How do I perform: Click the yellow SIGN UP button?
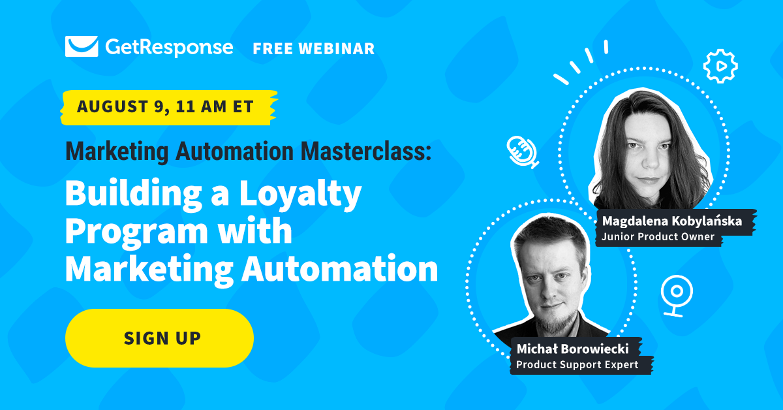pos(159,338)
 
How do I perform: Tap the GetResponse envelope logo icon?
pos(82,46)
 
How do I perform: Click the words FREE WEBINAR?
pos(314,48)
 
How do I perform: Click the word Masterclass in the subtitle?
pos(366,151)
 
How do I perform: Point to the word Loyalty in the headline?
pos(301,195)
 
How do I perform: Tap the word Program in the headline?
pos(136,232)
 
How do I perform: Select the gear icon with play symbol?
pos(720,66)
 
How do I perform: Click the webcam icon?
pos(677,296)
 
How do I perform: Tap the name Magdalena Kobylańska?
pos(672,221)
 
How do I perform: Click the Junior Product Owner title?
pos(658,237)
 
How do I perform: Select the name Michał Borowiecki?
pos(573,349)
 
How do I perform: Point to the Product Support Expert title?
pos(577,364)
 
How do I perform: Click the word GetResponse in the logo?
pos(169,48)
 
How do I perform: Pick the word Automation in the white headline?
pos(340,269)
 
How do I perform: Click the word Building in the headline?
pos(134,195)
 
